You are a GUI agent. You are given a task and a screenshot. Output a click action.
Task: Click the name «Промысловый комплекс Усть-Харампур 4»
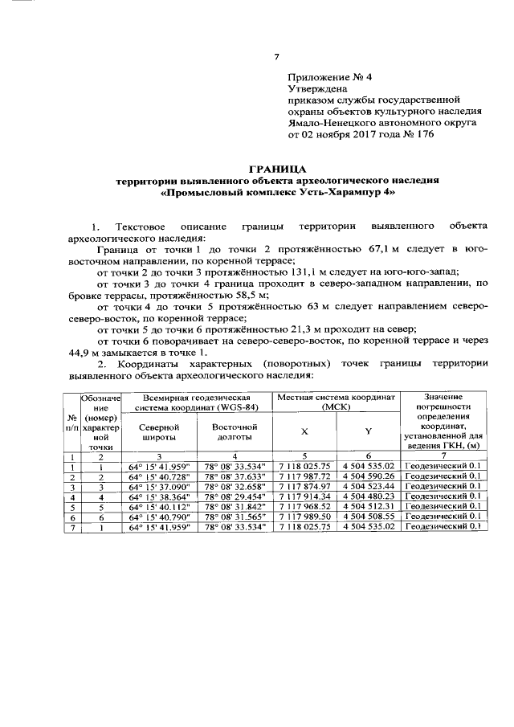[277, 194]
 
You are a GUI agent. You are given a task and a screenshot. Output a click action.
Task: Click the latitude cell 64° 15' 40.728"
[158, 476]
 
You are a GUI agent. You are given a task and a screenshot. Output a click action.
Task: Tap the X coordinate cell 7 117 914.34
[304, 496]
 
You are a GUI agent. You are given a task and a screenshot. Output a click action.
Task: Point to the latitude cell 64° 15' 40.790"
[158, 517]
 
